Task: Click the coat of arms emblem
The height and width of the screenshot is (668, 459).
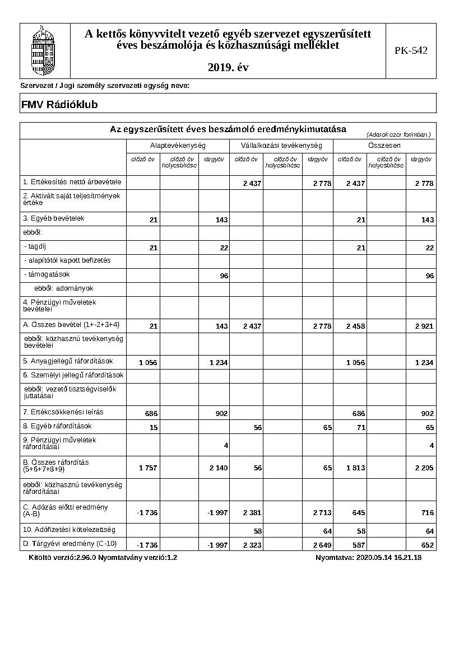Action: [x=45, y=51]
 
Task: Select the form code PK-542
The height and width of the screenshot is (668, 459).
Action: [x=411, y=51]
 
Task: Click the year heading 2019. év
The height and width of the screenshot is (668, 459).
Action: [x=228, y=67]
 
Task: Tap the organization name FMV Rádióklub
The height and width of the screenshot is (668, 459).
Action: [x=59, y=104]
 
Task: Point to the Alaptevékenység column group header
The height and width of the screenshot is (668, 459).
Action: [x=178, y=146]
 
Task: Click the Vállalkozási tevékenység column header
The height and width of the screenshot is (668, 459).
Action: [x=281, y=146]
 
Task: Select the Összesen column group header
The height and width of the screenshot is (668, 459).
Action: [x=384, y=146]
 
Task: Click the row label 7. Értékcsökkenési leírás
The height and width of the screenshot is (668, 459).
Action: [x=63, y=412]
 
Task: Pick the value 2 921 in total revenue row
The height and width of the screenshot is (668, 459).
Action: [x=424, y=326]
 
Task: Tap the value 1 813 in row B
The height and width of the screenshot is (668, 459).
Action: [x=356, y=468]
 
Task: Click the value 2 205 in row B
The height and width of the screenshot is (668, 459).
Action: [x=424, y=468]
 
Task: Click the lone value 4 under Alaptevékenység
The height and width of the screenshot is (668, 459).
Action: [x=225, y=446]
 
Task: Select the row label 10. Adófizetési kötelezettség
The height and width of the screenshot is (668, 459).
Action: [x=69, y=529]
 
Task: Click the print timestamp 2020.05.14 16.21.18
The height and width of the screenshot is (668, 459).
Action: [x=388, y=558]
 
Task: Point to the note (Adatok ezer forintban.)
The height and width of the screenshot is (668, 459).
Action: [x=398, y=134]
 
